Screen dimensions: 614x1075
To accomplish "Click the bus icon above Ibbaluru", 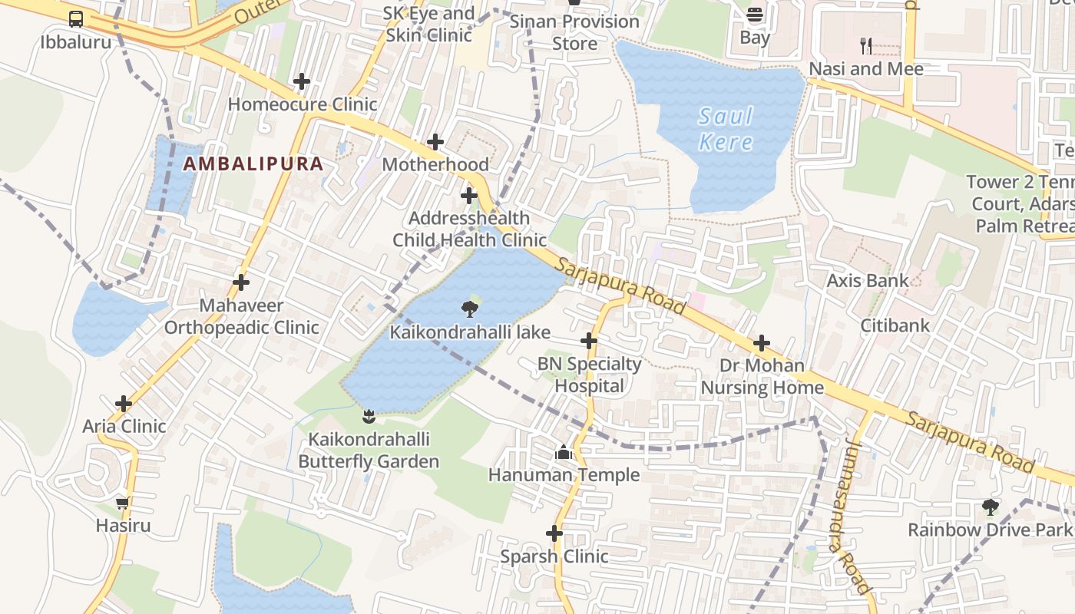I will point(76,19).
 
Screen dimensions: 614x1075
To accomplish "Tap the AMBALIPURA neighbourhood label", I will point(253,163).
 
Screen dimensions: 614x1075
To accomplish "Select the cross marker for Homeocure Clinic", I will point(302,81).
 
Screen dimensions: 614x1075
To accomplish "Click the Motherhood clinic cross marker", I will point(435,141).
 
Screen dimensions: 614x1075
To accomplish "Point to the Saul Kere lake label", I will point(726,129).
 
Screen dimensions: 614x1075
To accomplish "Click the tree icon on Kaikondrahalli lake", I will point(469,309).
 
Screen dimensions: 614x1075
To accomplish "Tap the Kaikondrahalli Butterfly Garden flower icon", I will point(369,416).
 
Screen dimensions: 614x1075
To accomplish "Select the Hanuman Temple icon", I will point(564,453).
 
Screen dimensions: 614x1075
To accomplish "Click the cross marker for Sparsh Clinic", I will point(554,533).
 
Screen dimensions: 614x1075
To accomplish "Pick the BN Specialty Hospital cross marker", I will point(589,340).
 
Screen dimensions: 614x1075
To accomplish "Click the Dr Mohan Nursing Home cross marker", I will point(762,342).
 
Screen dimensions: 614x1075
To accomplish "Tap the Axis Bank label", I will point(868,281).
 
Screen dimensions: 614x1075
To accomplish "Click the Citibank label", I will point(895,325).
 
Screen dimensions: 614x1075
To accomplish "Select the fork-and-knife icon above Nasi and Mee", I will point(866,45).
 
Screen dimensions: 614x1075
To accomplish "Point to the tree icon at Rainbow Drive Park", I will point(991,507).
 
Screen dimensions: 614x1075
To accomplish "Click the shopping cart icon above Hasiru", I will point(123,503).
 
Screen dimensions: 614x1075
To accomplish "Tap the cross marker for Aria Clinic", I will point(124,403).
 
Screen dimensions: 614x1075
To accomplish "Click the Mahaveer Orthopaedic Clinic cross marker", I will point(241,282).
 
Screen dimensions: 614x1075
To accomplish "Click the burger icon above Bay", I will point(755,15).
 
